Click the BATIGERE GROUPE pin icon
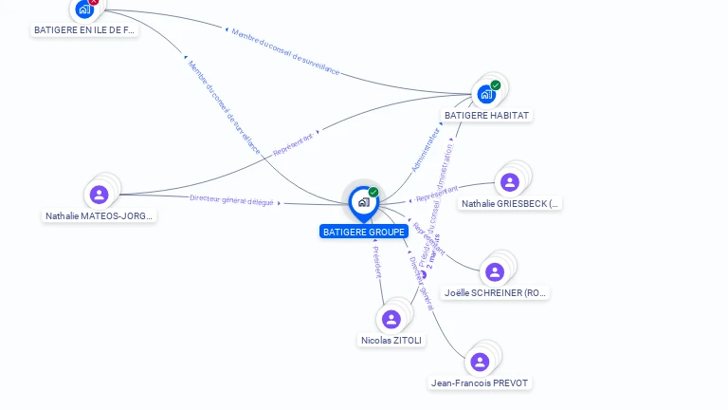point(363,202)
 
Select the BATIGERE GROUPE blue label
point(364,232)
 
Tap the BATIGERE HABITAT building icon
point(486,94)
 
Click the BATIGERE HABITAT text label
point(487,115)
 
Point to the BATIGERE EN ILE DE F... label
point(85,30)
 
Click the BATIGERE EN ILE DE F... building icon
point(84,9)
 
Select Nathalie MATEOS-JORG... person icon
point(99,195)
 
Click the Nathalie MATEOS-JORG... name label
point(99,215)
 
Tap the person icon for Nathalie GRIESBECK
point(510,182)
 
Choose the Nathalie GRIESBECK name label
point(510,203)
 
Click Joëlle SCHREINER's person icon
point(495,272)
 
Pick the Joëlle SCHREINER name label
point(496,293)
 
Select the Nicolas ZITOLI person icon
point(391,319)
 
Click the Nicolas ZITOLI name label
point(392,340)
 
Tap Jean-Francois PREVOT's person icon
point(480,362)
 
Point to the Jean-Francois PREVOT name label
point(481,382)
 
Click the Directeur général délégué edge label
point(232,199)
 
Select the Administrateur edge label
point(426,151)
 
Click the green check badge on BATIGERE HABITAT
point(496,85)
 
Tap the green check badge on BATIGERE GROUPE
point(373,193)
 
